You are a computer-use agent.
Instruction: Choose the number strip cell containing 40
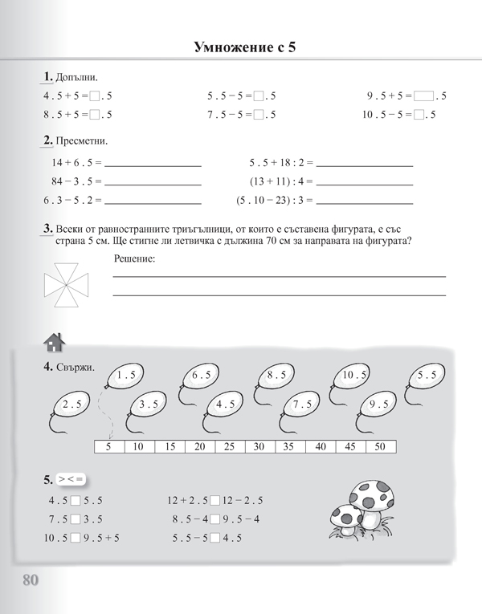pos(320,446)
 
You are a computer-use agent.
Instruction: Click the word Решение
pos(133,258)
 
